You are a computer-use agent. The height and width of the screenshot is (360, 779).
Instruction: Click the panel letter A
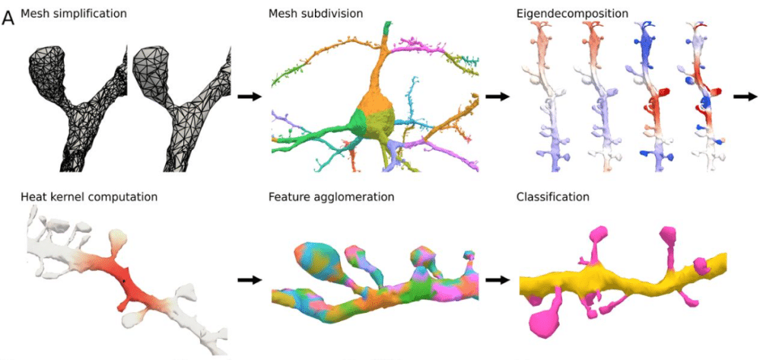point(8,17)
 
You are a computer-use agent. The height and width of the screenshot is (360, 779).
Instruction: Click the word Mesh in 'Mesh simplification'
point(34,14)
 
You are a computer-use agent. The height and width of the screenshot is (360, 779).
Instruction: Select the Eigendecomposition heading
point(561,14)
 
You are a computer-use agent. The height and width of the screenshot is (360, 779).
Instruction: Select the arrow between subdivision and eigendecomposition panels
point(497,97)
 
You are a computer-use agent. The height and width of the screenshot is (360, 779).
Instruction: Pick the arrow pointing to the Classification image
point(497,280)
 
